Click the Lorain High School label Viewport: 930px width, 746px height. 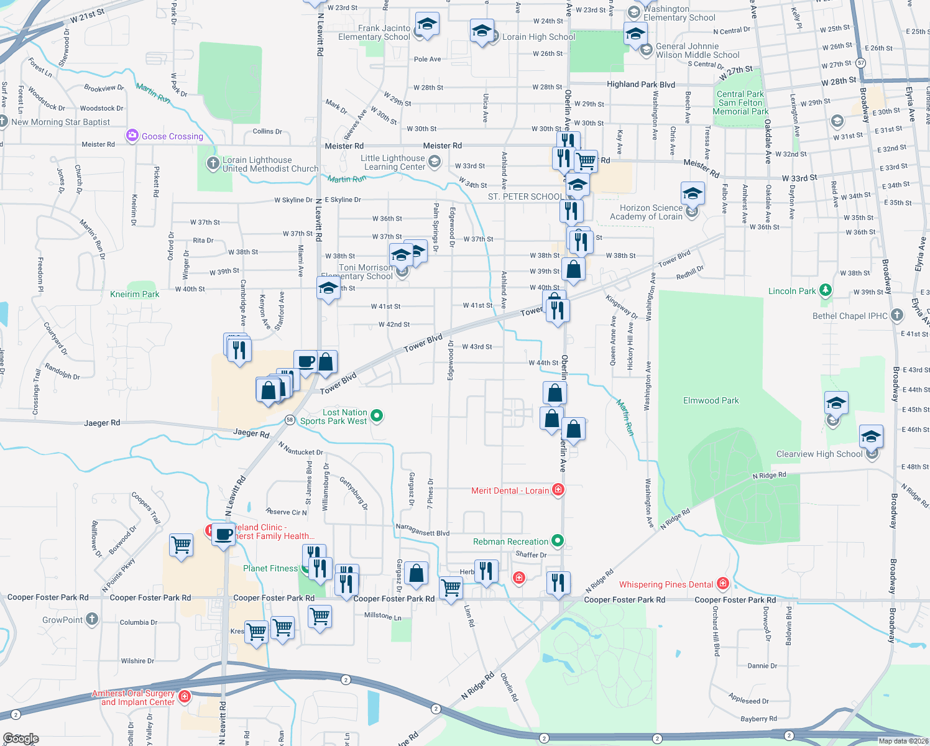tap(538, 37)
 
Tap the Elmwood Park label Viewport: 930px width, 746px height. tap(711, 401)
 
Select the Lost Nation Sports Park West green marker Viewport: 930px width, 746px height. tap(376, 415)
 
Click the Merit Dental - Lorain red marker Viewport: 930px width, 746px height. tap(558, 490)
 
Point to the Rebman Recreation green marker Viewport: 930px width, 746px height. tap(558, 541)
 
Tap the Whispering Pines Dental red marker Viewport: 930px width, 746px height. tap(722, 584)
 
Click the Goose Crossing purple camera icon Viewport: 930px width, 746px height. tap(132, 136)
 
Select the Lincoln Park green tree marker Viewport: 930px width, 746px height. tap(825, 290)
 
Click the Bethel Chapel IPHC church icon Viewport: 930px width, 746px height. tap(896, 315)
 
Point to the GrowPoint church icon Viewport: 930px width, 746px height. tap(92, 619)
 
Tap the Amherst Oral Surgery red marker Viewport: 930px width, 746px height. tap(184, 697)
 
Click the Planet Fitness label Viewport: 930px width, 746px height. tap(270, 568)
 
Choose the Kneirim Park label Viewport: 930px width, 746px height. tap(134, 294)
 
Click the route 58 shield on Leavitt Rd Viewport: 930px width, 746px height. tap(290, 420)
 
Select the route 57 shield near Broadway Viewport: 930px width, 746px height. tap(860, 63)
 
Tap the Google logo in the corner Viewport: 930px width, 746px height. tap(21, 739)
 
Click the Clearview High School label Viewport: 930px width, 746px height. tap(819, 454)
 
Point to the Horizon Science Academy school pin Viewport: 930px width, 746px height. tap(692, 211)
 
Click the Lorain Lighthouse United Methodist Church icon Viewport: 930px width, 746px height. tap(213, 162)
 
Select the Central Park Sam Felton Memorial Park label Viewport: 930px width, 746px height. tap(740, 103)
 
